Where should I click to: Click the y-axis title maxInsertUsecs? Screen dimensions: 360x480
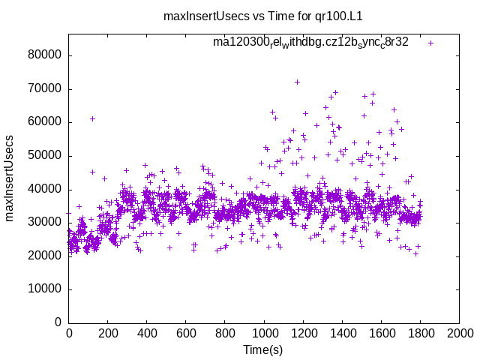coord(10,178)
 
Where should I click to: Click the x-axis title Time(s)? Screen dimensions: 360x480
coord(263,349)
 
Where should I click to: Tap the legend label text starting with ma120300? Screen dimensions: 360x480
coord(310,42)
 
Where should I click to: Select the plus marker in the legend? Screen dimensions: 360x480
coord(430,43)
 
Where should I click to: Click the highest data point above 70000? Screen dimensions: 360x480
coord(297,82)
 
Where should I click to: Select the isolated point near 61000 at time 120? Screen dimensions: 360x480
coord(92,118)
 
